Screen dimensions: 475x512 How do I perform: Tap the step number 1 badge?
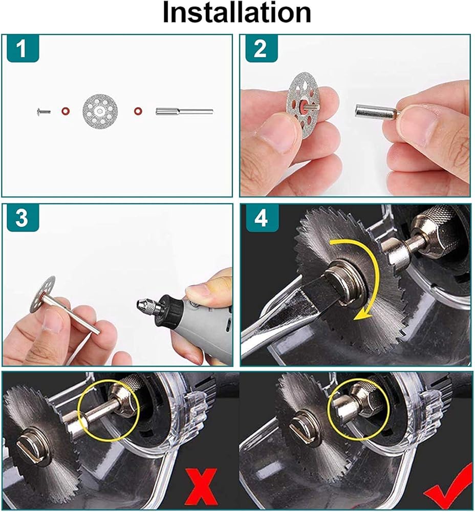[x=21, y=48]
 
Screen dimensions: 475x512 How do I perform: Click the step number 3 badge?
[x=21, y=218]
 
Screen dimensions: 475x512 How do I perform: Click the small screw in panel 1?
[x=43, y=112]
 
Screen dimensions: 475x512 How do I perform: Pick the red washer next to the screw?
[x=66, y=111]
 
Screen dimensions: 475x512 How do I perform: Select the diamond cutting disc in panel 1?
[x=100, y=112]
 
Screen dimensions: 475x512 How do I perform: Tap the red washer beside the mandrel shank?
[x=138, y=111]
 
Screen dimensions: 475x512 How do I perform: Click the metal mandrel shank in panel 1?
[x=184, y=112]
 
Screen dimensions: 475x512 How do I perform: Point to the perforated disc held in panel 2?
[x=303, y=105]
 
